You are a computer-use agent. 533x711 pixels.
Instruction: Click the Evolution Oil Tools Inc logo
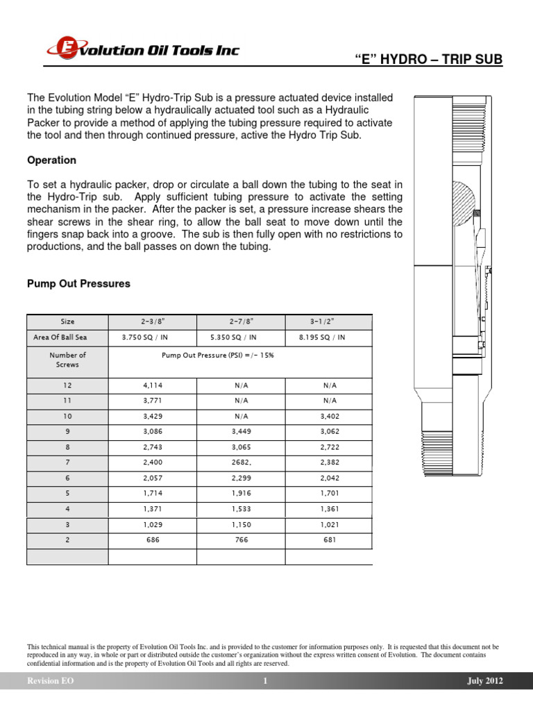click(x=143, y=49)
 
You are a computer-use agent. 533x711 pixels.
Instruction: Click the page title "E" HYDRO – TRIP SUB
click(x=428, y=60)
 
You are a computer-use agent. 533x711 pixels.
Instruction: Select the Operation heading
click(x=51, y=160)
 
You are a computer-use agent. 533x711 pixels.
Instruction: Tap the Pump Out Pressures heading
click(x=78, y=284)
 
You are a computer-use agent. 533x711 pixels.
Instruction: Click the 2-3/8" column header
click(x=153, y=322)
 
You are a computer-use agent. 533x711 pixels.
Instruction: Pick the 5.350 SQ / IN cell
click(x=241, y=337)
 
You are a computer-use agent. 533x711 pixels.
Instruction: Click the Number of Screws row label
click(x=68, y=360)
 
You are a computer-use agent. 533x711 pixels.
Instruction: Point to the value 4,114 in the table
click(x=153, y=385)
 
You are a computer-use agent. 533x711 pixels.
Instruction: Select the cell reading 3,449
click(x=241, y=430)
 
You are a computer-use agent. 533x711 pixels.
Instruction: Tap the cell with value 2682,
click(x=241, y=461)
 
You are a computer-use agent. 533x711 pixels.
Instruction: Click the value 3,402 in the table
click(x=328, y=415)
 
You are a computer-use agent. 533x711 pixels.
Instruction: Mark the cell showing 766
click(x=241, y=539)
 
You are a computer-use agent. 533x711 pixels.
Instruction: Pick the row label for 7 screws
click(x=68, y=461)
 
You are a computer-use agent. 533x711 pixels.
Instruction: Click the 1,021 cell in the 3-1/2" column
click(x=328, y=524)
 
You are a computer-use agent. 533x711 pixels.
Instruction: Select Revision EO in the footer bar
click(x=50, y=682)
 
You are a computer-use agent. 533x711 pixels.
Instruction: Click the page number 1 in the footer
click(x=266, y=682)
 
